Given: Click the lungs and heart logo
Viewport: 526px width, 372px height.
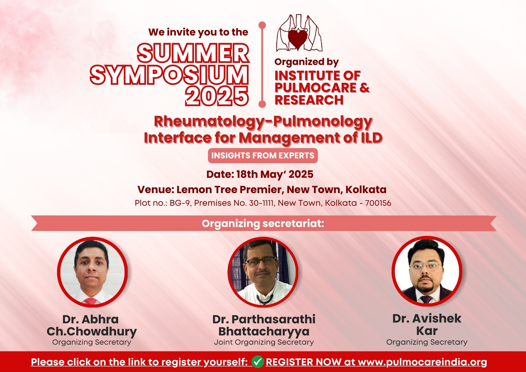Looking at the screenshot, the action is tap(299, 33).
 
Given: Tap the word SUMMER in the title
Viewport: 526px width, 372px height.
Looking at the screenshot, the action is tap(193, 53).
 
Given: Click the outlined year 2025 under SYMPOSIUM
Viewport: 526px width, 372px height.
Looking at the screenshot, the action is tap(217, 96).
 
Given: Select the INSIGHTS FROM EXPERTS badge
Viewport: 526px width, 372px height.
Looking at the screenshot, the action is tap(263, 155).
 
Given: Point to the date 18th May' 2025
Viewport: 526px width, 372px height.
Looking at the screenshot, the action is tap(275, 174).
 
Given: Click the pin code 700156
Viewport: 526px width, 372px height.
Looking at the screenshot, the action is tap(378, 203).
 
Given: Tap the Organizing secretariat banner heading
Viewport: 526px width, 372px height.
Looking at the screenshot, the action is tap(263, 223).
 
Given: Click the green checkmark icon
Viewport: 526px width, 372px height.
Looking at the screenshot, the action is tap(257, 362).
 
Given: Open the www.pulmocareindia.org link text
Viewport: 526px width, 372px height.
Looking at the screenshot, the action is tap(422, 362).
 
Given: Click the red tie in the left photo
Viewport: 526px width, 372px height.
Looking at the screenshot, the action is tap(91, 301).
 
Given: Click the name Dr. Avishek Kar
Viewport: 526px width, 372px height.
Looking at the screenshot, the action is tap(427, 324).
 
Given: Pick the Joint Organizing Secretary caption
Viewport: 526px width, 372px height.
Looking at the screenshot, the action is tap(264, 342).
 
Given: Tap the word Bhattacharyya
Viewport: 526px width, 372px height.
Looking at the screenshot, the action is tap(264, 331).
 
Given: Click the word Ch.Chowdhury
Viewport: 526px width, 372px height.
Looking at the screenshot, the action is tap(92, 331).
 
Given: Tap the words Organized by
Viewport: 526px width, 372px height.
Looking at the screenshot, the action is tap(307, 62).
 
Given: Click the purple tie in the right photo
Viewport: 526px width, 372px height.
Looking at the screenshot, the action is tap(426, 299).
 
